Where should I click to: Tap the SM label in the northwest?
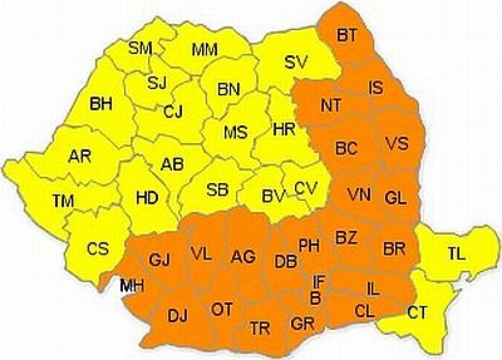[141, 48]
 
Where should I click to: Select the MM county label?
[205, 49]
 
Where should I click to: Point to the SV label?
[296, 61]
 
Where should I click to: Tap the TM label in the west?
[63, 201]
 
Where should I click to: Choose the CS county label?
[98, 249]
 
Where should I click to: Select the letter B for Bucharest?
[315, 298]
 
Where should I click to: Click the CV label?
[306, 188]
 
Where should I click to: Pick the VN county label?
[359, 194]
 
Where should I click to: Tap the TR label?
[260, 329]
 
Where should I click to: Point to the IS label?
[376, 88]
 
